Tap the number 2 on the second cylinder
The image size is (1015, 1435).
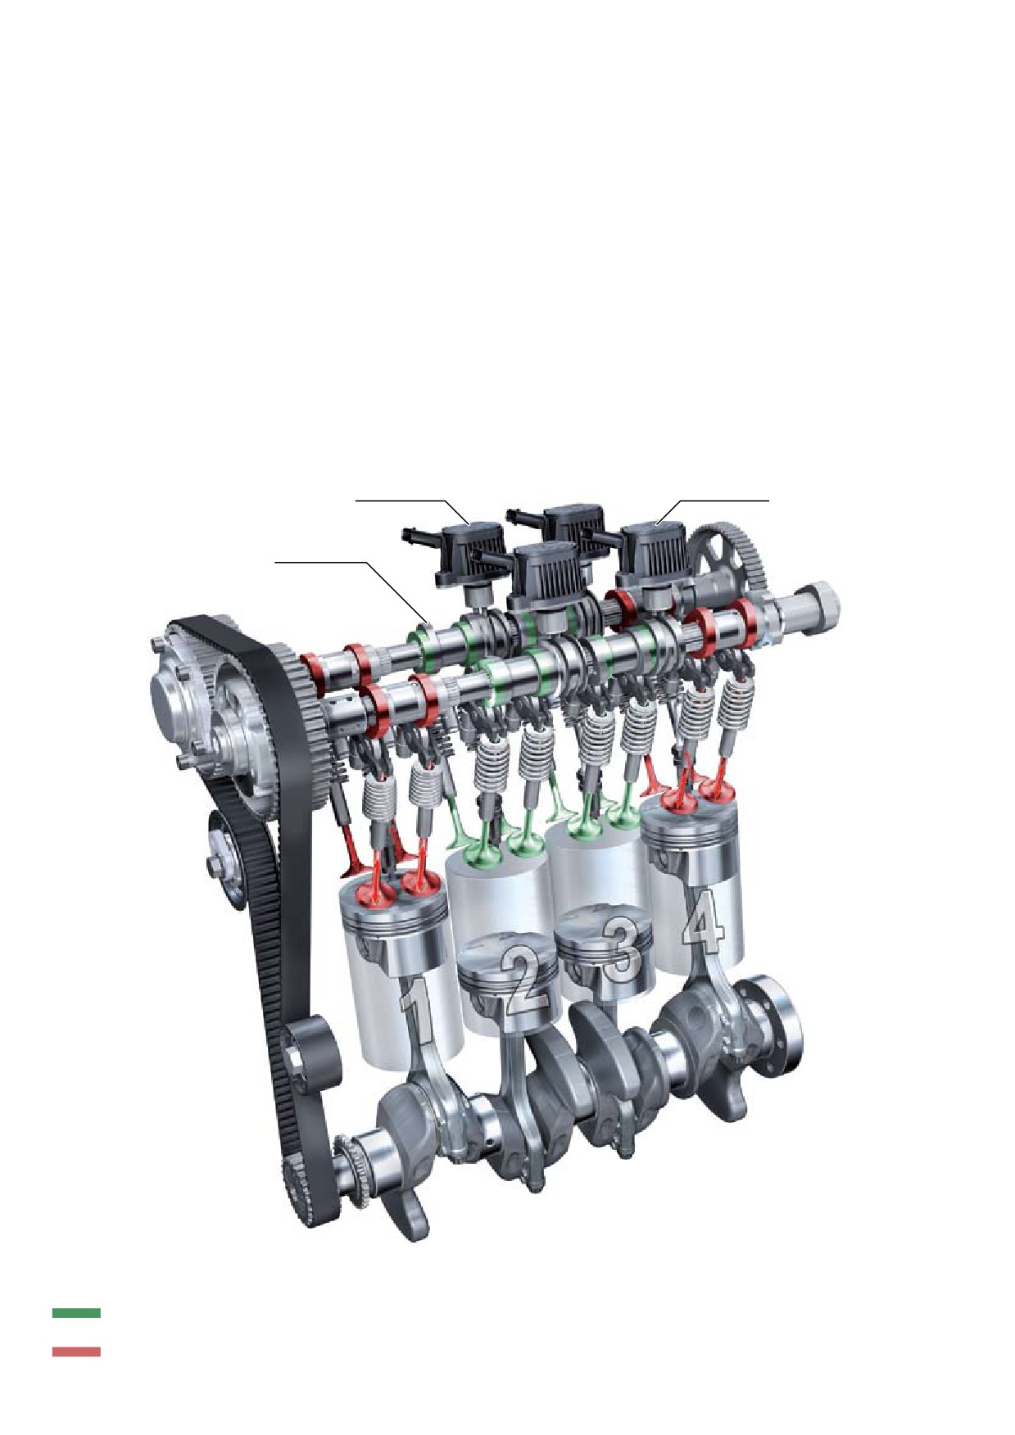524,979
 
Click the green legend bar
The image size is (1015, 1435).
76,1311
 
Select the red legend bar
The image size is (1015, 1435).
76,1351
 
